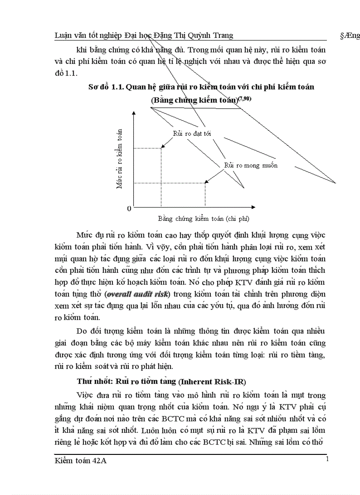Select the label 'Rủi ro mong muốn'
point(251,165)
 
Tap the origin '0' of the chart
point(129,208)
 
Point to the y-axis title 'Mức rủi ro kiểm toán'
point(119,158)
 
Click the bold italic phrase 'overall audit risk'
point(138,294)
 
